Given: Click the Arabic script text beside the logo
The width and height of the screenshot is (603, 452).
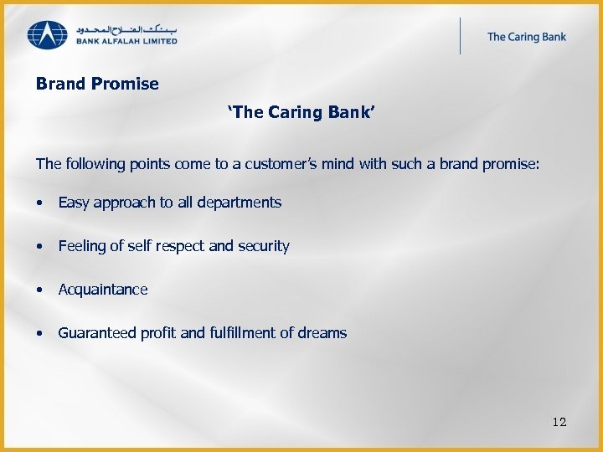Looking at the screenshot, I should click(126, 28).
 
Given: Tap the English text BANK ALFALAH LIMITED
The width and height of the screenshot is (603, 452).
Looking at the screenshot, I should click(126, 41).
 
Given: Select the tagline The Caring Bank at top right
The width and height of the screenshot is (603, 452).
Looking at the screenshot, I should click(526, 36).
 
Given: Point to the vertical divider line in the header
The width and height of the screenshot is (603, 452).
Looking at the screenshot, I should click(460, 36).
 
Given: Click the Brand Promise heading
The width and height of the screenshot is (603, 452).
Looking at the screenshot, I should click(97, 85).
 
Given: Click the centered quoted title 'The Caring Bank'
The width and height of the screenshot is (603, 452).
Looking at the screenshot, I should click(301, 113).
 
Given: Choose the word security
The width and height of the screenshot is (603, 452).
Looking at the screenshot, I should click(263, 246).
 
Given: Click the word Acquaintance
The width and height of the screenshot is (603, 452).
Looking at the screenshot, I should click(102, 290).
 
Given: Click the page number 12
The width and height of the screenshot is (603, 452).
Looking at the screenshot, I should click(559, 422).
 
